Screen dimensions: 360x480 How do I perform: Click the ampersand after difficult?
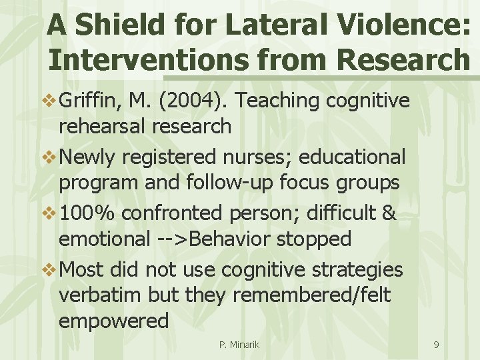[390, 214]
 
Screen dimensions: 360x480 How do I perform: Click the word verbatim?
[103, 295]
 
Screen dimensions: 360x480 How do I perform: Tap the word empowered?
[113, 321]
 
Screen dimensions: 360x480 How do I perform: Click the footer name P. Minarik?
[239, 345]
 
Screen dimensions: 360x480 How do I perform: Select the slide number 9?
[436, 345]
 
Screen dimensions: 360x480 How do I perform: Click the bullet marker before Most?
[50, 270]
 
